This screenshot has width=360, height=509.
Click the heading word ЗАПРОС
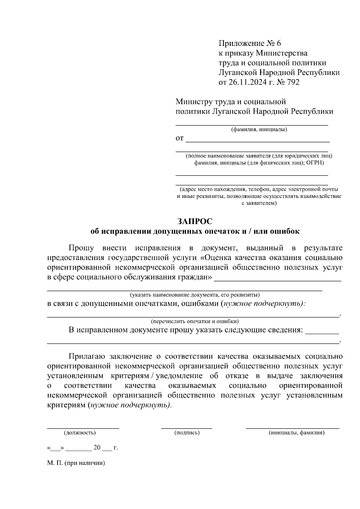[x=195, y=221]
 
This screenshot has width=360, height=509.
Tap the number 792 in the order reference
[x=293, y=82]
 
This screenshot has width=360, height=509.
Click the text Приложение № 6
[x=250, y=43]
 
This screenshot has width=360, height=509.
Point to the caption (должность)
[x=79, y=433]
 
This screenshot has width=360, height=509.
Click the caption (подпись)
[x=187, y=433]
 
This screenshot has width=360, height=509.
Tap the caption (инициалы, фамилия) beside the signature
[x=297, y=433]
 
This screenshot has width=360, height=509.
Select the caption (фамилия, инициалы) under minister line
[x=259, y=130]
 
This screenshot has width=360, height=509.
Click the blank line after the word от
[x=258, y=140]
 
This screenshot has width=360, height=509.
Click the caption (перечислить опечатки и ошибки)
[x=195, y=321]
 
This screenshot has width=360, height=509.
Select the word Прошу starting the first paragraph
[x=81, y=248]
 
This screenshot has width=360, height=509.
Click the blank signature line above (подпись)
[x=187, y=428]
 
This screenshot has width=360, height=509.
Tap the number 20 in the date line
[x=97, y=448]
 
